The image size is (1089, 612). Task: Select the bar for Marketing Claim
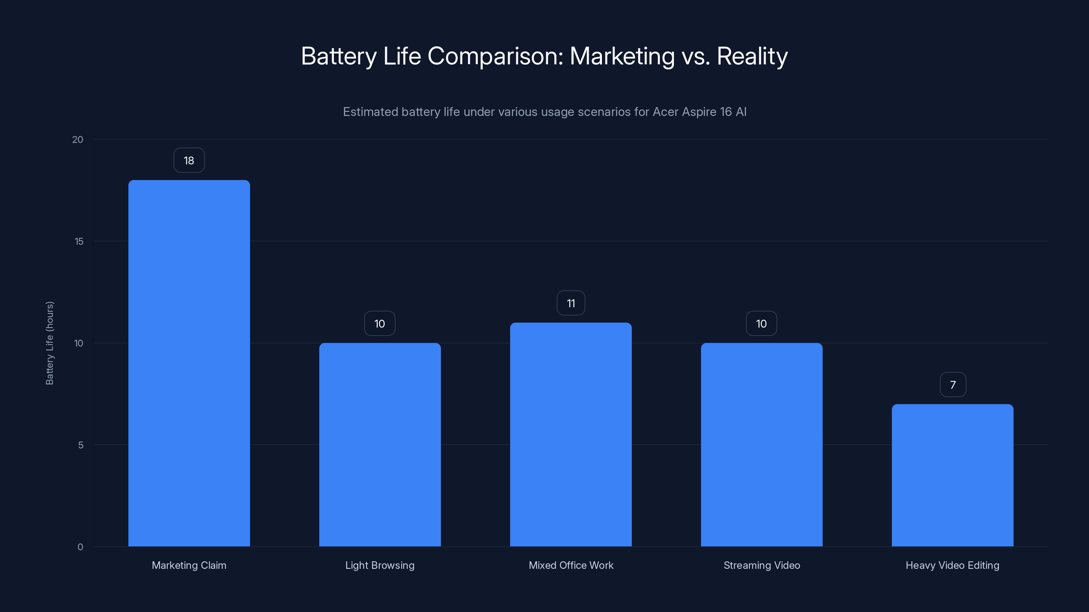(189, 363)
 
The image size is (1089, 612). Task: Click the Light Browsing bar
(380, 444)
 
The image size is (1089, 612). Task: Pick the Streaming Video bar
(761, 444)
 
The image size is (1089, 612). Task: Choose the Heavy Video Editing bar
(953, 475)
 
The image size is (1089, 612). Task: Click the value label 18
(189, 160)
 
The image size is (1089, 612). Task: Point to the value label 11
(571, 303)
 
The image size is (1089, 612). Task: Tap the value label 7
(953, 385)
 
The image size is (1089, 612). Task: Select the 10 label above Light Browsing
(380, 324)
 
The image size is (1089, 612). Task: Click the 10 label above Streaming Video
(761, 324)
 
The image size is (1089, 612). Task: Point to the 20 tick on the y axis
(78, 140)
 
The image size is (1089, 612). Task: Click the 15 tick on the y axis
(79, 242)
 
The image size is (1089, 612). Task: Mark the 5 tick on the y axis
(81, 445)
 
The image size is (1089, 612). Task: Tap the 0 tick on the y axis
(80, 547)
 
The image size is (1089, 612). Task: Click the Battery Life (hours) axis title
(49, 343)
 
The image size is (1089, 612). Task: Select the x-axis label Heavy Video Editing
(953, 565)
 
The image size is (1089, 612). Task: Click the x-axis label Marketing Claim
(189, 565)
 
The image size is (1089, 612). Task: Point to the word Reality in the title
(752, 56)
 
